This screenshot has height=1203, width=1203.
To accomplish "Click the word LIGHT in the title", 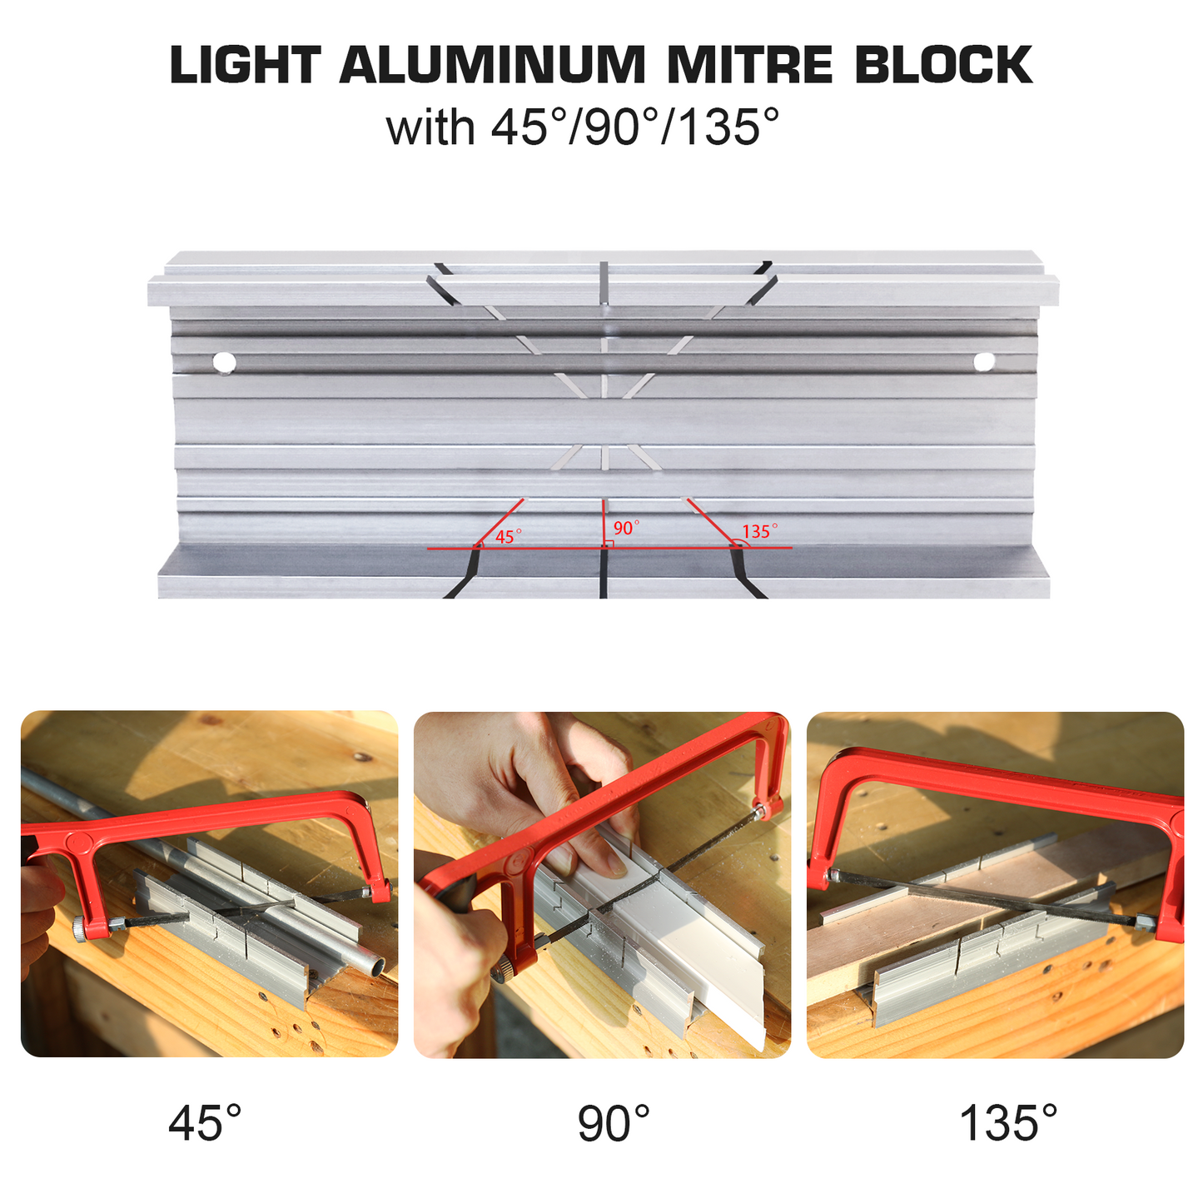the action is (246, 65).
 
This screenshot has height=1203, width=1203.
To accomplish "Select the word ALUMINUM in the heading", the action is (493, 65).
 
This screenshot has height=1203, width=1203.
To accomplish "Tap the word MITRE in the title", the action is (750, 65).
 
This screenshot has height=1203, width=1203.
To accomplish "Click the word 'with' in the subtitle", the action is (430, 127).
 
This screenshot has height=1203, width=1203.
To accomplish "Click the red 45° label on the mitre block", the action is (508, 535).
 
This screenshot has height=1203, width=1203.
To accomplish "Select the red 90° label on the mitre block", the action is (626, 528).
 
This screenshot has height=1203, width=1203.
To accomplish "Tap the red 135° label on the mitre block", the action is (760, 530).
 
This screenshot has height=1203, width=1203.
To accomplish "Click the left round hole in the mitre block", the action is (224, 362).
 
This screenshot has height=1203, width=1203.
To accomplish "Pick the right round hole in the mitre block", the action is (984, 360).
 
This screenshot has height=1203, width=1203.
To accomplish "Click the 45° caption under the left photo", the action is (204, 1123).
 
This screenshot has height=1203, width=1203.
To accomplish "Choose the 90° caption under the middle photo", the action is (613, 1123).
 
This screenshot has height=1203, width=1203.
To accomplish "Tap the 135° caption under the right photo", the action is (1008, 1123).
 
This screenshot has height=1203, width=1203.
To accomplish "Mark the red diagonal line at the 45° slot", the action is (500, 523).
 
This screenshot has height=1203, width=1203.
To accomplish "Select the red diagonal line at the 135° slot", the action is (711, 523).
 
